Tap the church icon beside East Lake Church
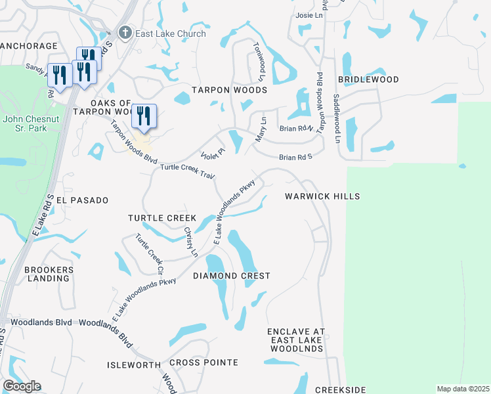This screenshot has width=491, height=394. pos(125,33)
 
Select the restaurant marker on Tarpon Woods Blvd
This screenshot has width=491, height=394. pos(144,116)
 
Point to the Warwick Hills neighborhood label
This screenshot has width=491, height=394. pos(322,196)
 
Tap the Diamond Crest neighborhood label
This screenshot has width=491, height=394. pos(231,276)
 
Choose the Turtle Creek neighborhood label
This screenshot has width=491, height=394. pos(162,217)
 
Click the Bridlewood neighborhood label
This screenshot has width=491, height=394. pos(368,79)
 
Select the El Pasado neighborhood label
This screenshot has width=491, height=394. pos(82,200)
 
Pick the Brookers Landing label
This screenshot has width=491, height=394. pos(47,274)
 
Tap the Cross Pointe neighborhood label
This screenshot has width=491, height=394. pos(203,362)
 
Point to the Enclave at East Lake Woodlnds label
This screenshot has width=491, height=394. pos(296,340)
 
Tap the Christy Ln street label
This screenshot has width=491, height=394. pos(190,241)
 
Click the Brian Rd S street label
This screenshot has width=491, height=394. pos(295,158)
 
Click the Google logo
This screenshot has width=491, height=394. pos(22,386)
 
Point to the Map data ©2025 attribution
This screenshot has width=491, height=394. pos(462,389)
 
